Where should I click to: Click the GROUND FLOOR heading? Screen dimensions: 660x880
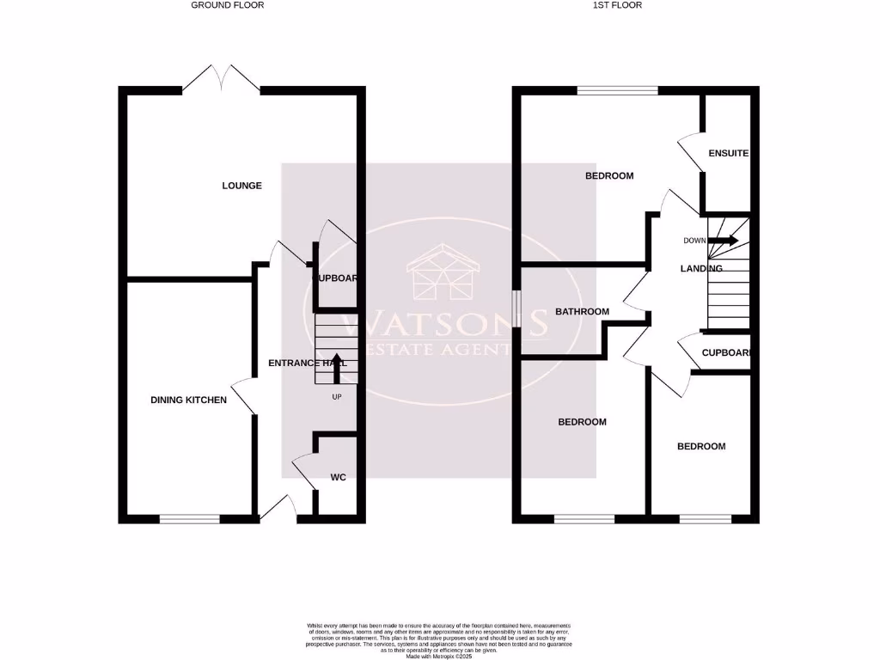tap(227, 5)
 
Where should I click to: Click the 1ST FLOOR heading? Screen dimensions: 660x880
tap(617, 5)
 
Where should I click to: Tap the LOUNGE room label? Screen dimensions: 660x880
tap(241, 186)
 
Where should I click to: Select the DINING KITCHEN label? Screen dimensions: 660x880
tap(188, 400)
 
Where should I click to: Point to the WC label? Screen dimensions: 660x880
tap(339, 477)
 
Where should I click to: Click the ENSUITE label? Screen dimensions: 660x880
tap(728, 154)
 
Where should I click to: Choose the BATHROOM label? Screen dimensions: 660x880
tap(582, 312)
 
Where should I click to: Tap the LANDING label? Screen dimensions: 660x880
tap(700, 269)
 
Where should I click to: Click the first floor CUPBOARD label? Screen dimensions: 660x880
tap(726, 352)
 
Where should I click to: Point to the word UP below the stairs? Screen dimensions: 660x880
tap(336, 397)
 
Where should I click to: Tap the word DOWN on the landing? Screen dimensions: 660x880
tap(694, 241)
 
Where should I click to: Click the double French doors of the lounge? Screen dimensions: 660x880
tap(222, 80)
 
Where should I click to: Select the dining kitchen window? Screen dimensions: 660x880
tap(190, 518)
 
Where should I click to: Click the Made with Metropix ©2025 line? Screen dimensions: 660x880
tap(439, 656)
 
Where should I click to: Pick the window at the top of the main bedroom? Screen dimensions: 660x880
tap(617, 89)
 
